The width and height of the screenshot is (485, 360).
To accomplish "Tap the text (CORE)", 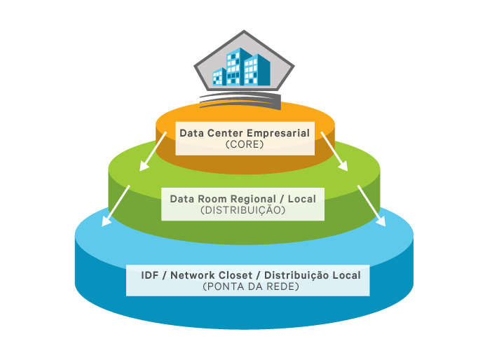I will (x=245, y=145).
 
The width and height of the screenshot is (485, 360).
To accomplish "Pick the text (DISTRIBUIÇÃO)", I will (x=242, y=210).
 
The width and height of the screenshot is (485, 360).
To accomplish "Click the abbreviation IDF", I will (x=149, y=275).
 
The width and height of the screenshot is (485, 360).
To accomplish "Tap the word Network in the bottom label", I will (x=196, y=275).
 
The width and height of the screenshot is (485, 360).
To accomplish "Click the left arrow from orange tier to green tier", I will (x=153, y=152).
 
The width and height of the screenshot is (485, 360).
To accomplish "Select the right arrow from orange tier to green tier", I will (x=334, y=152).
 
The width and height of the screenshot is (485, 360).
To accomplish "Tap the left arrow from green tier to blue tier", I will (x=116, y=207).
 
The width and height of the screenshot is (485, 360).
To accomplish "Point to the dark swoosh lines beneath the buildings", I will (x=235, y=97).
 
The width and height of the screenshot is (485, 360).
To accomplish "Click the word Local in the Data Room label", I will (x=302, y=199).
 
